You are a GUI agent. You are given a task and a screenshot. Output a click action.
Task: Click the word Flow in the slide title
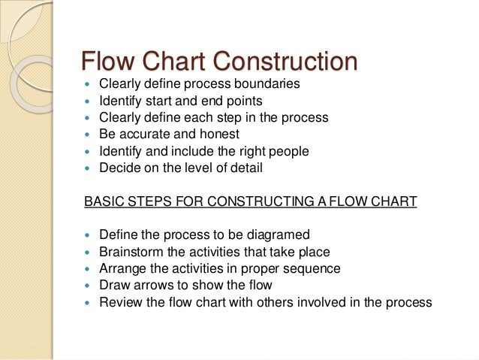[x=105, y=61]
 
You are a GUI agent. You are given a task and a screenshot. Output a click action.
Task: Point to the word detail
[x=246, y=168]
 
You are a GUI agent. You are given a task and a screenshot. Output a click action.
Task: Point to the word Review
[x=119, y=303]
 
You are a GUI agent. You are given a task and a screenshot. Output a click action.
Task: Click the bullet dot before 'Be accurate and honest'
[x=89, y=135]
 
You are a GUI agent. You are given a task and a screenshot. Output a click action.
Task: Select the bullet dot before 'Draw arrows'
[x=89, y=286]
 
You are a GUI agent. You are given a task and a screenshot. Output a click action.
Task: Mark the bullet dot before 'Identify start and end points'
[x=89, y=101]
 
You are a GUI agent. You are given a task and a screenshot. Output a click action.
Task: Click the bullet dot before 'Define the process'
[x=89, y=236]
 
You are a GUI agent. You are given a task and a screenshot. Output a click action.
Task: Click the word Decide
[x=120, y=168]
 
